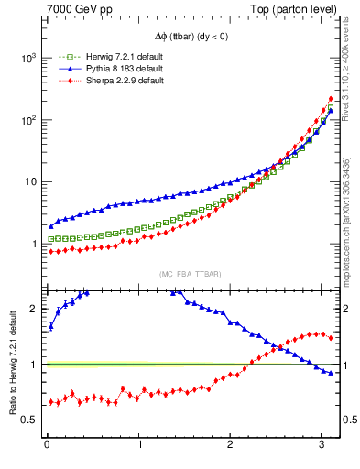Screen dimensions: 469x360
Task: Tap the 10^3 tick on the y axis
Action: click(27, 58)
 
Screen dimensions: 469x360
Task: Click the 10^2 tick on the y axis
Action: click(27, 120)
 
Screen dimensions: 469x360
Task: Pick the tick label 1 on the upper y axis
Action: click(33, 245)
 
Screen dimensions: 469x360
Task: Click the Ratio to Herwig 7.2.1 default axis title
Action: click(12, 365)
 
